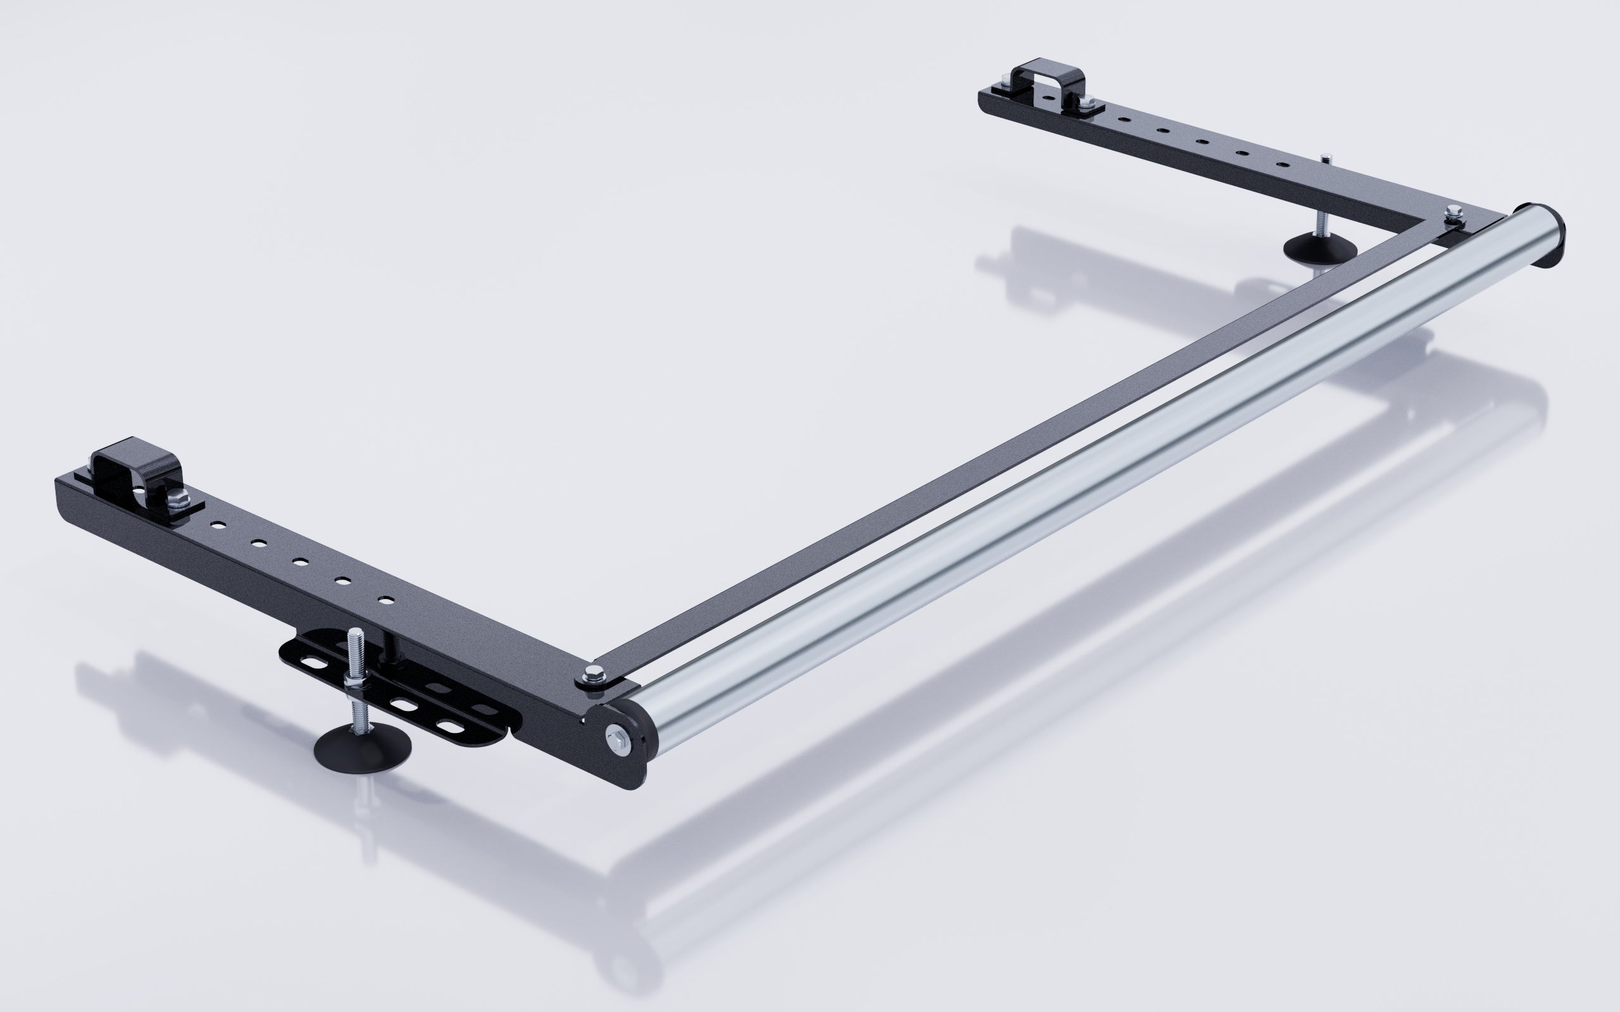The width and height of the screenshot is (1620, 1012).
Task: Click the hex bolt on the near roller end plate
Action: click(x=615, y=739)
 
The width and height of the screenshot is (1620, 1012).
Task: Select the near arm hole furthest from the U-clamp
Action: click(x=385, y=600)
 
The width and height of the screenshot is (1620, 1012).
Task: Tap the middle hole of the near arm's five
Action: click(x=300, y=562)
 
